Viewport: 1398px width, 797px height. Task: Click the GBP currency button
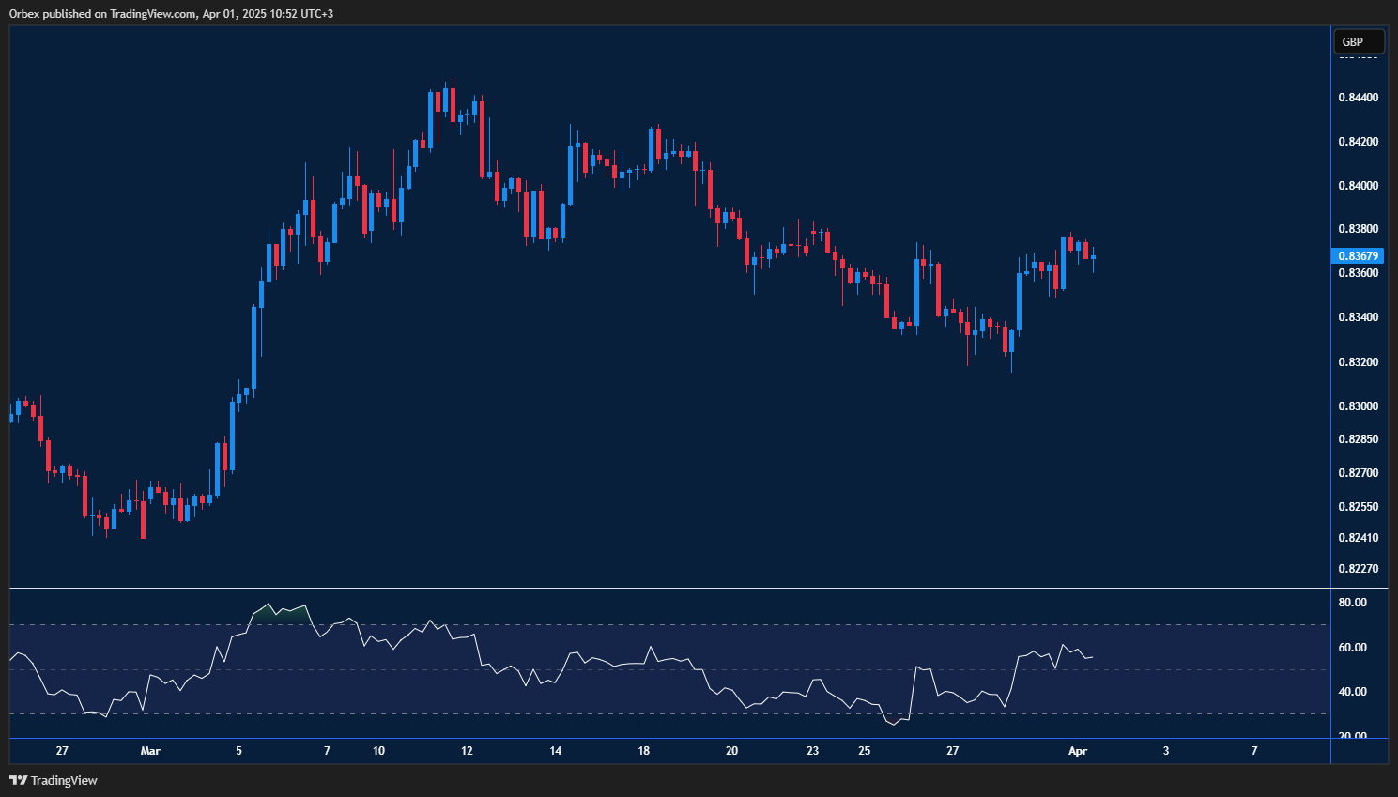point(1358,41)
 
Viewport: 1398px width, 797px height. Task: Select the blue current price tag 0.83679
point(1358,255)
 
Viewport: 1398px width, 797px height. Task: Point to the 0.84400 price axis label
point(1358,98)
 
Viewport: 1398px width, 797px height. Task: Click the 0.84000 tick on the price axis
point(1358,186)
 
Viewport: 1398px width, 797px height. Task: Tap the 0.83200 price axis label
point(1358,362)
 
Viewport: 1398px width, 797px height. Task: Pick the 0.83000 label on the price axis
point(1358,406)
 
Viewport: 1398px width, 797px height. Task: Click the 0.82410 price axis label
point(1358,538)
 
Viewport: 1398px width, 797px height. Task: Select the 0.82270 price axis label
point(1358,569)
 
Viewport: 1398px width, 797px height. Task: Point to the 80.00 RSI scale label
point(1353,603)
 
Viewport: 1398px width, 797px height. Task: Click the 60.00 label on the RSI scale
point(1353,648)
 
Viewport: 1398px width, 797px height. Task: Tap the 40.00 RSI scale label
point(1353,692)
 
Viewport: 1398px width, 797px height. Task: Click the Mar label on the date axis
point(150,751)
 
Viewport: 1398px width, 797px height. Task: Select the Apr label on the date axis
point(1078,751)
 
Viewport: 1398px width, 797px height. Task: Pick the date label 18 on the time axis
point(644,751)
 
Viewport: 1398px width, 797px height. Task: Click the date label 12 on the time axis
point(467,751)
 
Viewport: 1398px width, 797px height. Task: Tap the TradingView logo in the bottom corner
point(54,780)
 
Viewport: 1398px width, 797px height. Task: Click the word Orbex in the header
point(25,14)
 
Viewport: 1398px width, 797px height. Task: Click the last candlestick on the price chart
point(1093,257)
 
